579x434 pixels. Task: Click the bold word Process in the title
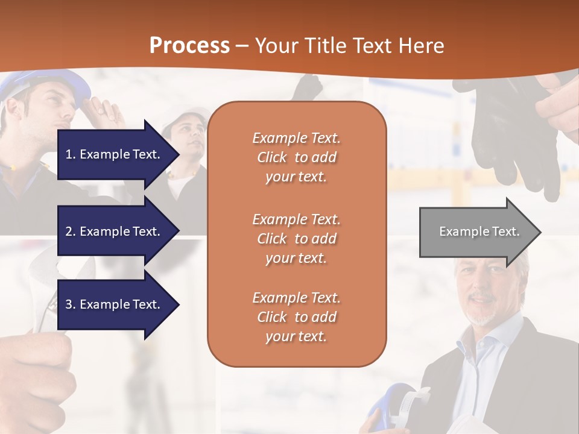click(189, 46)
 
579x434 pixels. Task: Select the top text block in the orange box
click(296, 157)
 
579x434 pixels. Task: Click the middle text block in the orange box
click(296, 239)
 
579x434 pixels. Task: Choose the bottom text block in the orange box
click(296, 317)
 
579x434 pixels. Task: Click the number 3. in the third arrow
click(70, 304)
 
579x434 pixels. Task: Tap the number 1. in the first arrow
click(70, 154)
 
